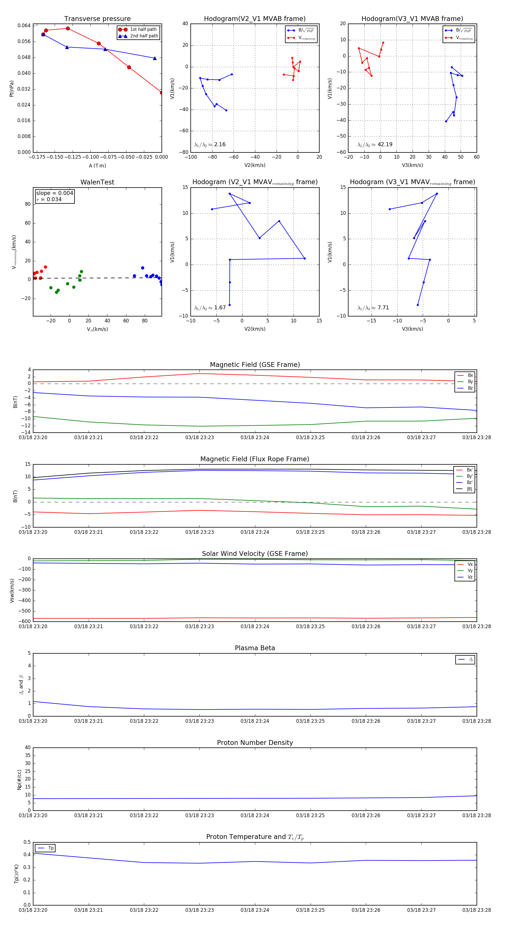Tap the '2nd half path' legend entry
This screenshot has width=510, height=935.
coord(144,36)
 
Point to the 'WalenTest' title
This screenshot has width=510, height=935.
coord(97,182)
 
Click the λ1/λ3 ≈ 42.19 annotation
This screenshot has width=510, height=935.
coord(375,144)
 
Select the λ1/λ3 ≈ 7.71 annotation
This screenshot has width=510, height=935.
coord(373,308)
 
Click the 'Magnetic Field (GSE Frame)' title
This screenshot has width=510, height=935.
coord(255,365)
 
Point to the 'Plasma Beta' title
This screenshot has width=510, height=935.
coord(255,648)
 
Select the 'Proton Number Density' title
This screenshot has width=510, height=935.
coord(255,743)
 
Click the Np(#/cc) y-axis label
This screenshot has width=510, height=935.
coord(20,779)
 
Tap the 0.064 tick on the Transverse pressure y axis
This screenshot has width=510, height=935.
coord(24,25)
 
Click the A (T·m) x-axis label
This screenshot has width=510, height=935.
coord(97,165)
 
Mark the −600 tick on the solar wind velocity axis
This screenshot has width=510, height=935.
coord(24,621)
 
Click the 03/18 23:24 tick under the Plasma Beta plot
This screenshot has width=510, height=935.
coord(255,721)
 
